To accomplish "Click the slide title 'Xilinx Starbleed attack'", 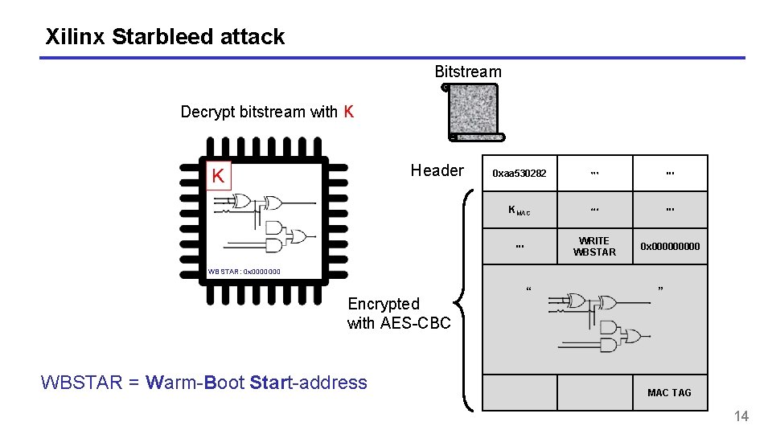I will click(x=165, y=37).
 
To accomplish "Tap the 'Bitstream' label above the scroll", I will click(x=467, y=72).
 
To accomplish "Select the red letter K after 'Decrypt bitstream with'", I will click(x=348, y=112).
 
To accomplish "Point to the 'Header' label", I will click(x=437, y=170).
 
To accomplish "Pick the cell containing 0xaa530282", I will click(x=519, y=174).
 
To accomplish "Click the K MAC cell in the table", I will click(x=519, y=211).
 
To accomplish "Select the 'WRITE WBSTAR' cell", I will click(x=594, y=247).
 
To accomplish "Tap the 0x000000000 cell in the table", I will click(x=670, y=247).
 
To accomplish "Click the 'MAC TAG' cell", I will click(x=669, y=393).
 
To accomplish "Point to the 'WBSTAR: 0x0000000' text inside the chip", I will click(x=244, y=272).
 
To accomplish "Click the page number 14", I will click(x=741, y=416).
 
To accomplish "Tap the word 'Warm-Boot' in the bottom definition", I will click(x=196, y=383).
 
